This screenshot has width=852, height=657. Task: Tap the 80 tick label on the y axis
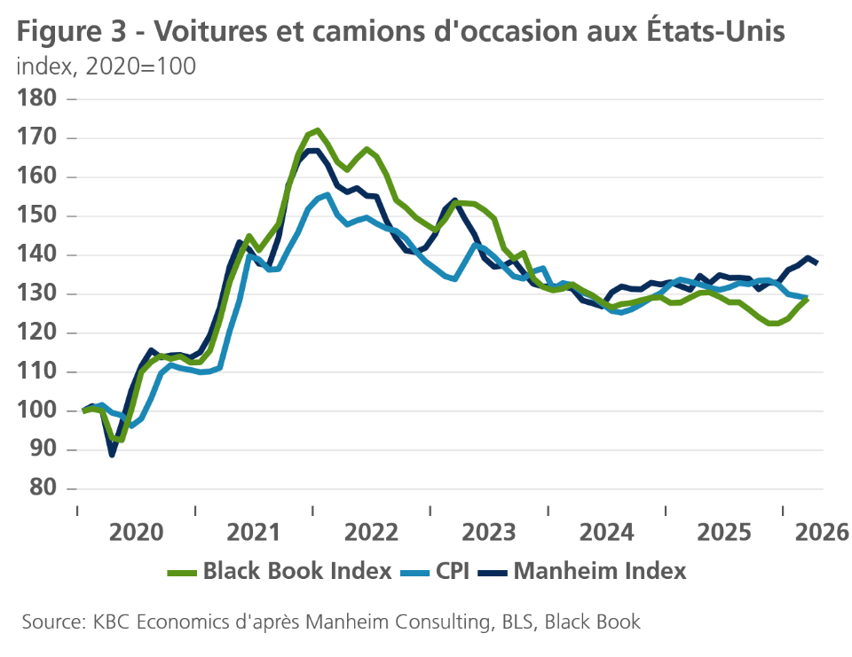coord(42,489)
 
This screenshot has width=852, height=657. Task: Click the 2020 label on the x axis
coord(136,532)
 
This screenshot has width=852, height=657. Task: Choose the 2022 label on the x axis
coord(371,532)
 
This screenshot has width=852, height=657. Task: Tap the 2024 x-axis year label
coord(607,532)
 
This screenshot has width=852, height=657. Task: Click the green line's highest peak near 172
coord(317,130)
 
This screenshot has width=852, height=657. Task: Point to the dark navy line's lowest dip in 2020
coord(112,454)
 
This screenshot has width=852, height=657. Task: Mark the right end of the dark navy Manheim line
coord(816,263)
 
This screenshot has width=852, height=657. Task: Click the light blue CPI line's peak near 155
coord(328,195)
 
